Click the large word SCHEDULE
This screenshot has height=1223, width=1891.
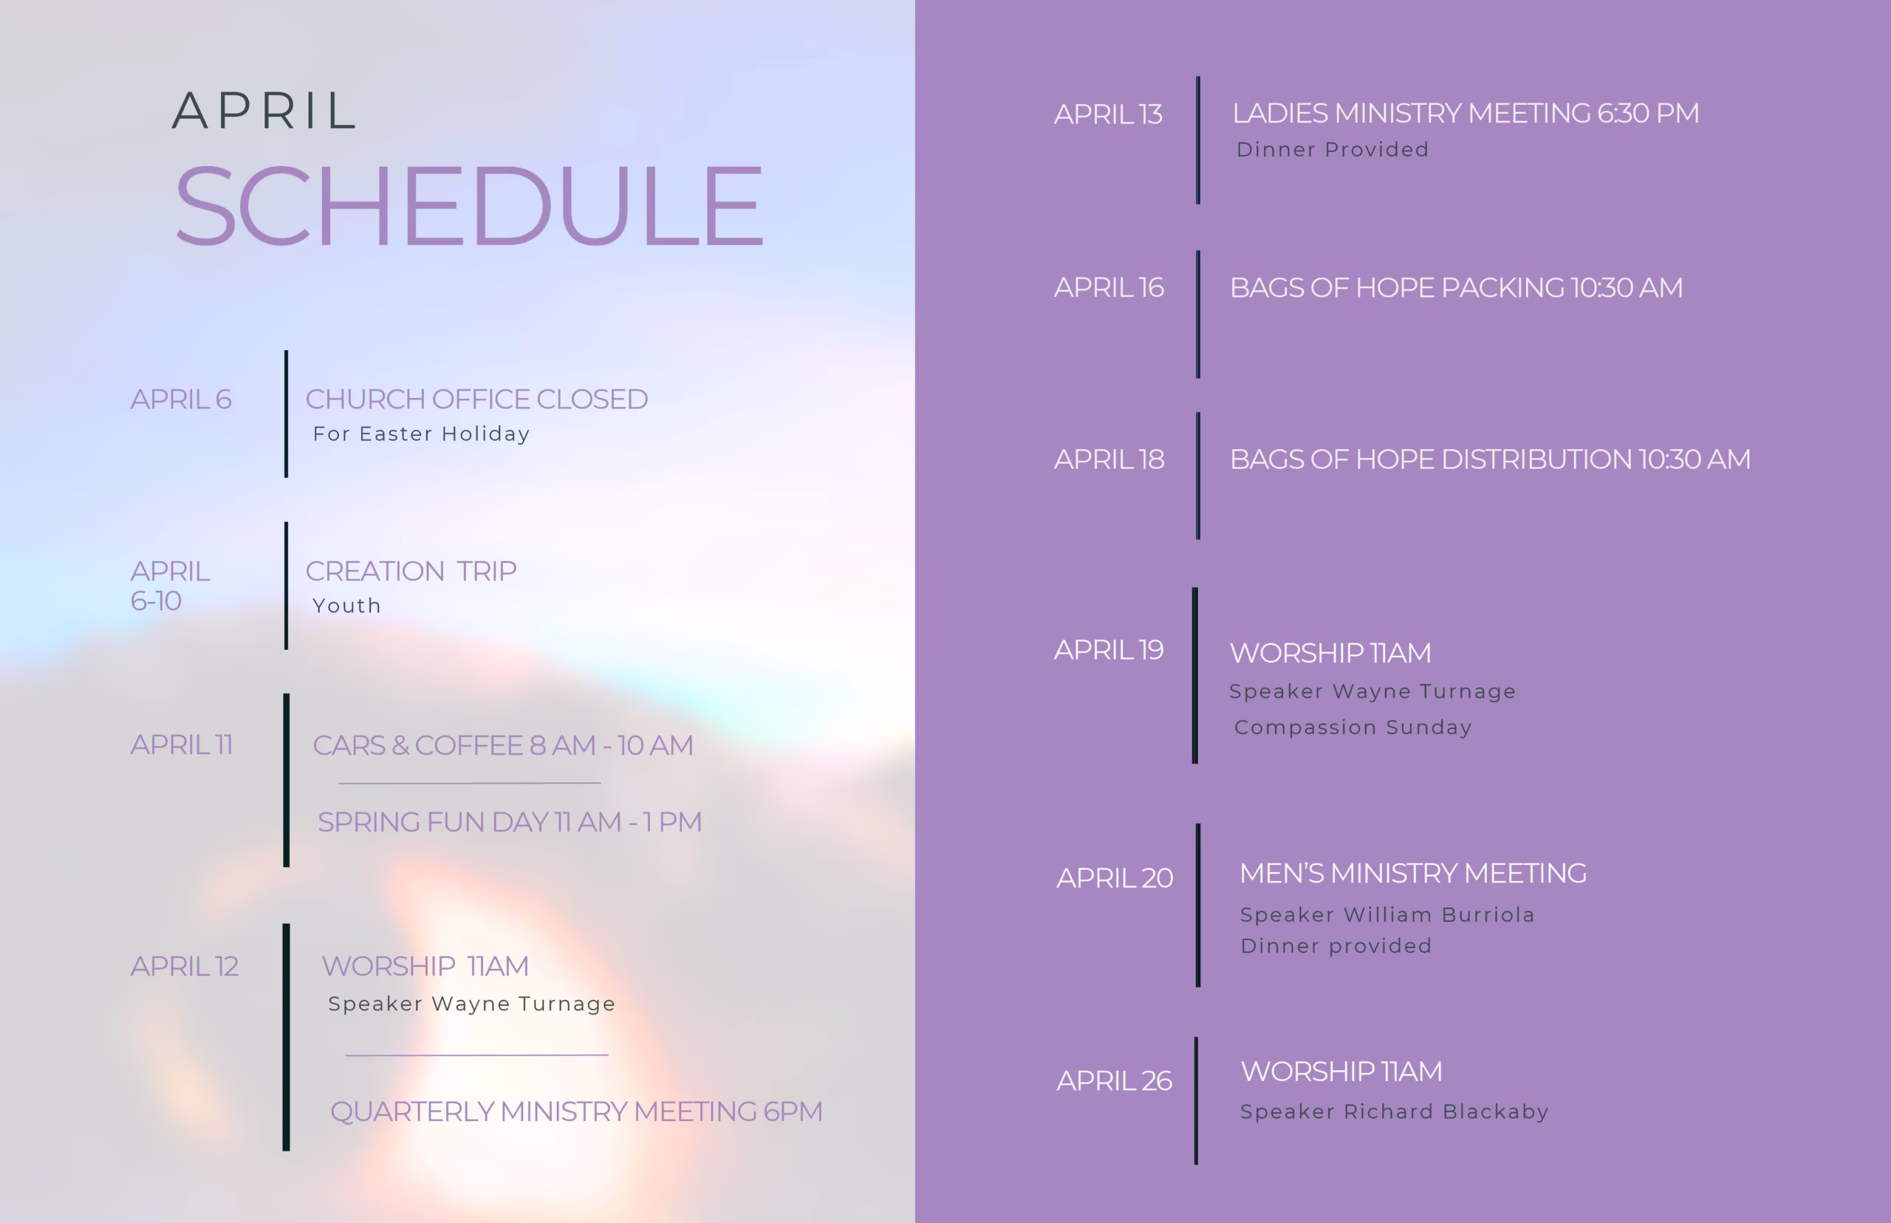tap(468, 204)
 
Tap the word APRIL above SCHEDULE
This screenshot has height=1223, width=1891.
tap(264, 110)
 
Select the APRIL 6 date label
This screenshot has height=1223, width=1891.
tap(181, 399)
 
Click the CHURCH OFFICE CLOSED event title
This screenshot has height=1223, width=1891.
tap(476, 399)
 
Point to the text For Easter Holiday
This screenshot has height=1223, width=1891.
tap(421, 434)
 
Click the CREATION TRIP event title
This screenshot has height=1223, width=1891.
tap(411, 571)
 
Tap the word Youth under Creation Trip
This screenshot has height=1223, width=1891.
tap(347, 605)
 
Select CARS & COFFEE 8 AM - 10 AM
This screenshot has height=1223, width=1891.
tap(503, 745)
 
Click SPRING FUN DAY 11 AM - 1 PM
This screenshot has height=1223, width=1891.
tap(510, 822)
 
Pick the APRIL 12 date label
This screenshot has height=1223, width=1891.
tap(184, 966)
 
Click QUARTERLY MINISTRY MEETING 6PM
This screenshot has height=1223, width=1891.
tap(576, 1111)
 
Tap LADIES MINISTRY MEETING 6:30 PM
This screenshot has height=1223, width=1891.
tap(1466, 113)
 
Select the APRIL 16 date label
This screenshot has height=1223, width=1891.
tap(1109, 287)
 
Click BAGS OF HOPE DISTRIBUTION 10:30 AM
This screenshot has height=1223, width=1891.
tap(1490, 459)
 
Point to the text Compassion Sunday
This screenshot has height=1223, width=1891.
tap(1353, 727)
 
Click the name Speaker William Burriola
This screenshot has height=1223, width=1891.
tap(1386, 915)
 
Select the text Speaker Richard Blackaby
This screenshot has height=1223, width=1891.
tap(1394, 1111)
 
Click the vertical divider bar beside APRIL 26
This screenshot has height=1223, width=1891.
tap(1196, 1100)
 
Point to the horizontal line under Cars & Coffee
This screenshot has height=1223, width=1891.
tap(469, 783)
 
